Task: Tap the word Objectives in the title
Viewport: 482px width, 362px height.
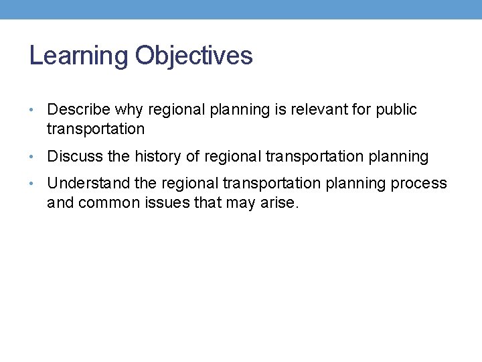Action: [193, 56]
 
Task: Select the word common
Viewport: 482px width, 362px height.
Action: [111, 202]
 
